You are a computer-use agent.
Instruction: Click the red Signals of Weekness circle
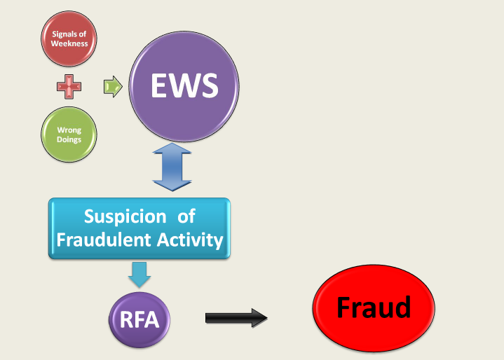point(69,39)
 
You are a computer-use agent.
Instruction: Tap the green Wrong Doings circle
point(69,134)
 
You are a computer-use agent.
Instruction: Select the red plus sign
point(69,87)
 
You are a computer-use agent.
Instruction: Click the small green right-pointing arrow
point(113,86)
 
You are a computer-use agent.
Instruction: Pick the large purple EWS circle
point(184,86)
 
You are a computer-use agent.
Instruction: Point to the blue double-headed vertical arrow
point(172,167)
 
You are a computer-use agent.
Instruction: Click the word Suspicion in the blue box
point(125,216)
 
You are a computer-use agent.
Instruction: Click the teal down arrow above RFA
point(139,275)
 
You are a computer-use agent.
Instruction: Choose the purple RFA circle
point(139,320)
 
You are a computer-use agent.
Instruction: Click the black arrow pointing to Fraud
point(236,318)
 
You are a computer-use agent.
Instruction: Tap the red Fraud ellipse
point(374,308)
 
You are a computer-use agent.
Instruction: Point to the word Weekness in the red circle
point(69,43)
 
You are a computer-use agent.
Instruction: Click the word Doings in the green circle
point(69,139)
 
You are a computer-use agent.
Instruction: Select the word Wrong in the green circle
point(69,130)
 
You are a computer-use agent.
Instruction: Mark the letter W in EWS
point(185,85)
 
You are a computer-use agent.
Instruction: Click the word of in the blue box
point(186,216)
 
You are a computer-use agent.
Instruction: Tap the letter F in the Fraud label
point(343,307)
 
